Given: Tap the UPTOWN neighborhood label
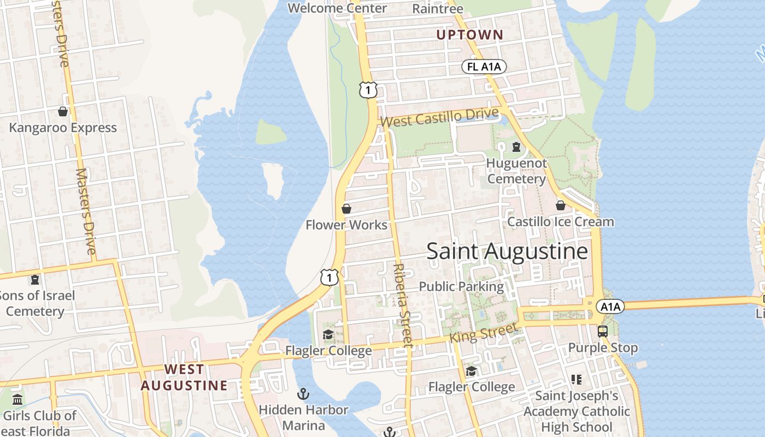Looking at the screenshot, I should click(x=469, y=35).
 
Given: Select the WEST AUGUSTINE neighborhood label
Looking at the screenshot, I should click(x=184, y=377).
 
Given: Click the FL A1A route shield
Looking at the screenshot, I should click(x=484, y=67).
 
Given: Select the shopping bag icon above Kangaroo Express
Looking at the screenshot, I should click(x=63, y=111).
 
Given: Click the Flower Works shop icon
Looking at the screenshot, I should click(x=346, y=209).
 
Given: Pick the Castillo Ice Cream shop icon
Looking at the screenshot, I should click(x=560, y=205).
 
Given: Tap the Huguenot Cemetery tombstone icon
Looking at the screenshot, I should click(x=516, y=147).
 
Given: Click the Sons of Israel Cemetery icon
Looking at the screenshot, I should click(x=35, y=280).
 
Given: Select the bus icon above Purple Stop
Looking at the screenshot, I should click(x=602, y=332).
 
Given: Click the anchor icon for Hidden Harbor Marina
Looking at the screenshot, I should click(x=303, y=393).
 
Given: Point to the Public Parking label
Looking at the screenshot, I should click(x=461, y=286).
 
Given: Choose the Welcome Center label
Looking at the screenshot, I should click(x=337, y=8).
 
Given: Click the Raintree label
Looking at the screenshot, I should click(x=437, y=9).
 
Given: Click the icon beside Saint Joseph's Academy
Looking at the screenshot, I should click(x=576, y=379).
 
